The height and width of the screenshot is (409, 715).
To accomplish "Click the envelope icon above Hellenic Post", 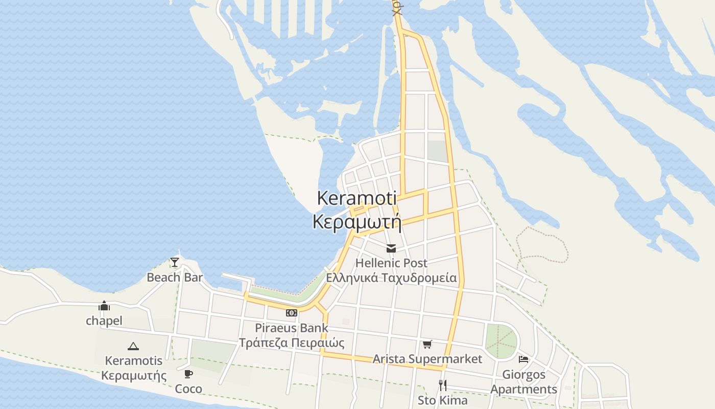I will click(x=391, y=248).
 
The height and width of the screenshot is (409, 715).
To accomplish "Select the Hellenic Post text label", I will click(x=391, y=263).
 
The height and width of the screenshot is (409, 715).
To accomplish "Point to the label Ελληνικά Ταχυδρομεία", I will click(x=391, y=278).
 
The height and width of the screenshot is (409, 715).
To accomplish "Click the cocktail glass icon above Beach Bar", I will click(x=175, y=262).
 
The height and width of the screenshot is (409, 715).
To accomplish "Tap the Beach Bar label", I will click(x=175, y=278).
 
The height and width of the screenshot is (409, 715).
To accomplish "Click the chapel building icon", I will click(x=104, y=306).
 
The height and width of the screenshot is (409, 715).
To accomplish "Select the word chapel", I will click(x=104, y=321).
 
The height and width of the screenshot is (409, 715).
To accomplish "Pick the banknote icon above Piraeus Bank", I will click(x=291, y=312).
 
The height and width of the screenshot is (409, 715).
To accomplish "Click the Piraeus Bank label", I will click(x=292, y=328).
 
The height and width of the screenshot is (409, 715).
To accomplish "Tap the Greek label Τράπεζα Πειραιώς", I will click(x=292, y=343).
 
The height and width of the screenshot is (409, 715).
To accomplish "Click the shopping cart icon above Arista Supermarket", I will click(x=427, y=344).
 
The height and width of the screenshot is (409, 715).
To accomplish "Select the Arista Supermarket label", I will click(x=427, y=359).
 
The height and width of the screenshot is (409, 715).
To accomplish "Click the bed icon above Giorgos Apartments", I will click(x=523, y=359).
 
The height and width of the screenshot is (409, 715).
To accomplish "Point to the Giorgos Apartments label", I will click(x=523, y=382).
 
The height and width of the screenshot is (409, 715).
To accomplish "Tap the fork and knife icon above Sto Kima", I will click(x=443, y=385).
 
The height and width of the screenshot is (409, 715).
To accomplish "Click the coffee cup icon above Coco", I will click(x=188, y=374).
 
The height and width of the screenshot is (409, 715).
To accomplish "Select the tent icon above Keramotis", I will click(x=133, y=346).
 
